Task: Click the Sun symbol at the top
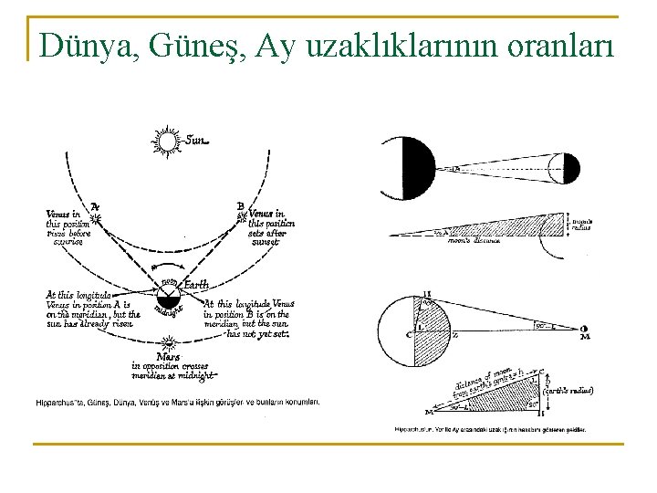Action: click(169, 143)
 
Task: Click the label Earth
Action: click(195, 286)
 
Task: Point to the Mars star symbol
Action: click(168, 343)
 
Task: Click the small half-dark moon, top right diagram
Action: click(568, 169)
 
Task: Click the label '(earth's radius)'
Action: click(568, 390)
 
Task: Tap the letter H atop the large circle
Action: click(427, 295)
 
